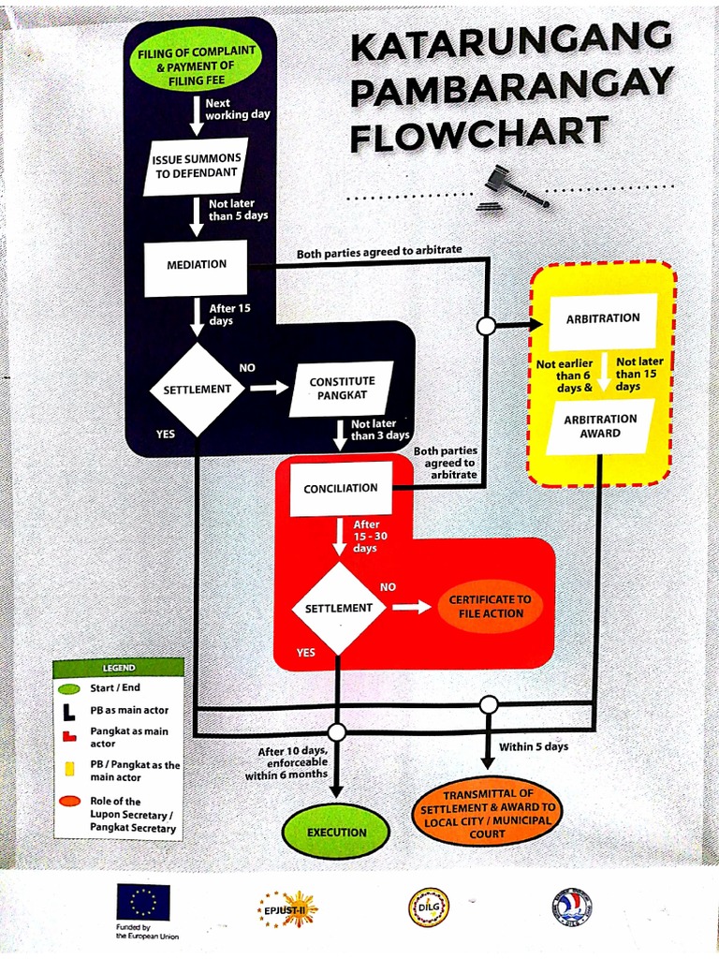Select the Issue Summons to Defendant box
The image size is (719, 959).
tap(196, 166)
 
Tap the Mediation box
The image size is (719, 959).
tap(196, 265)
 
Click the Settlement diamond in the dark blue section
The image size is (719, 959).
tap(197, 389)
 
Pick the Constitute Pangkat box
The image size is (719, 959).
tap(342, 389)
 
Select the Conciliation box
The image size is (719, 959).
tap(340, 488)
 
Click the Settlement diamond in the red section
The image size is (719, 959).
tap(338, 608)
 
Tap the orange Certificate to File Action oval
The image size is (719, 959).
tap(490, 607)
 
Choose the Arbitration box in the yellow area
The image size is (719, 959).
tap(603, 319)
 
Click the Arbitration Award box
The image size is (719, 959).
tap(600, 426)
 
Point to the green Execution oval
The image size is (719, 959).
tap(337, 832)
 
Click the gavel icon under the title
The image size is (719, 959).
tap(512, 187)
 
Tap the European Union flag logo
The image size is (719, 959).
tap(143, 902)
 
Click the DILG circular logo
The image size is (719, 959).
tap(429, 907)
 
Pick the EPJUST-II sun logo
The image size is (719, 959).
tap(288, 907)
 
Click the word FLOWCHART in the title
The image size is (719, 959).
tap(478, 134)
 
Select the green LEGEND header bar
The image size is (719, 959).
tap(118, 668)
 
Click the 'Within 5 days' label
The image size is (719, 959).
tap(533, 746)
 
